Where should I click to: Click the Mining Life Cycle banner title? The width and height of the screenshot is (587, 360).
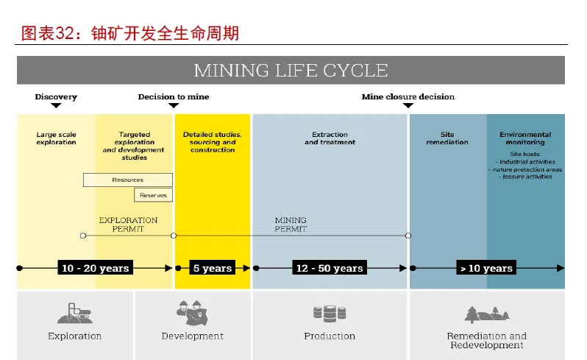[291, 71]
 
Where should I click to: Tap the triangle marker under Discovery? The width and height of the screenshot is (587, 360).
[56, 105]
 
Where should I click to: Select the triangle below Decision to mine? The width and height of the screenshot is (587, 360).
[174, 105]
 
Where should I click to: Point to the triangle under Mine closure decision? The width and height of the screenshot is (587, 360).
[408, 105]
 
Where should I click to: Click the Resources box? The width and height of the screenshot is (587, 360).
[128, 180]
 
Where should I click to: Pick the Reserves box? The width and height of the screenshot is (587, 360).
[153, 195]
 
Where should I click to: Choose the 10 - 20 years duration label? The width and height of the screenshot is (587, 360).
[95, 268]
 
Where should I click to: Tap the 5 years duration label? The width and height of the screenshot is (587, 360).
[213, 268]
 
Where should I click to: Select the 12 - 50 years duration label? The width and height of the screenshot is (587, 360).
[330, 268]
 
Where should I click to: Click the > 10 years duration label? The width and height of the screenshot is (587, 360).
[486, 268]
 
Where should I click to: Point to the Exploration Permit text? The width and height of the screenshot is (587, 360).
[128, 225]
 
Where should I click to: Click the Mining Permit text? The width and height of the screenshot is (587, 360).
[291, 225]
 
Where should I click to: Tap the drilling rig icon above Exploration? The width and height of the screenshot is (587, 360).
[74, 313]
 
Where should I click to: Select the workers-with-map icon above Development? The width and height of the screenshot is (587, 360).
[193, 312]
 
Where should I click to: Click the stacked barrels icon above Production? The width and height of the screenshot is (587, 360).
[330, 314]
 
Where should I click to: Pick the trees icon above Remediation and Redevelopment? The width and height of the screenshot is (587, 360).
[487, 314]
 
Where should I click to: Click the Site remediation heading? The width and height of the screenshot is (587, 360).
[447, 138]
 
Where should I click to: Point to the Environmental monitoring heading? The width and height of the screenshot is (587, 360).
[525, 138]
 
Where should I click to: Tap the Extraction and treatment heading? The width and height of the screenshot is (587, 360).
[330, 138]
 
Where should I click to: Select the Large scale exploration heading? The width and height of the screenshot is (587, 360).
[56, 138]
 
